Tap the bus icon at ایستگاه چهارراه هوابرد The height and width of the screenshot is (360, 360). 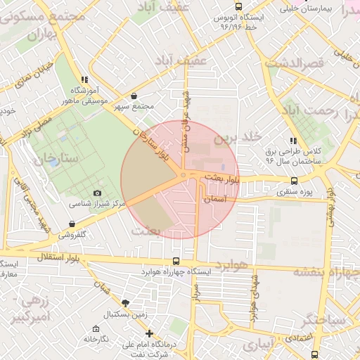click(175, 262)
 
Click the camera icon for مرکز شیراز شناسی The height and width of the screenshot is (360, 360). click(97, 193)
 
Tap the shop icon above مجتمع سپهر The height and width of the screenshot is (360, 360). click(134, 96)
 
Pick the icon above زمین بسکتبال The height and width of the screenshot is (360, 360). click(125, 303)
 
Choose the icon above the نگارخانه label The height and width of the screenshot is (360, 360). click(96, 328)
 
